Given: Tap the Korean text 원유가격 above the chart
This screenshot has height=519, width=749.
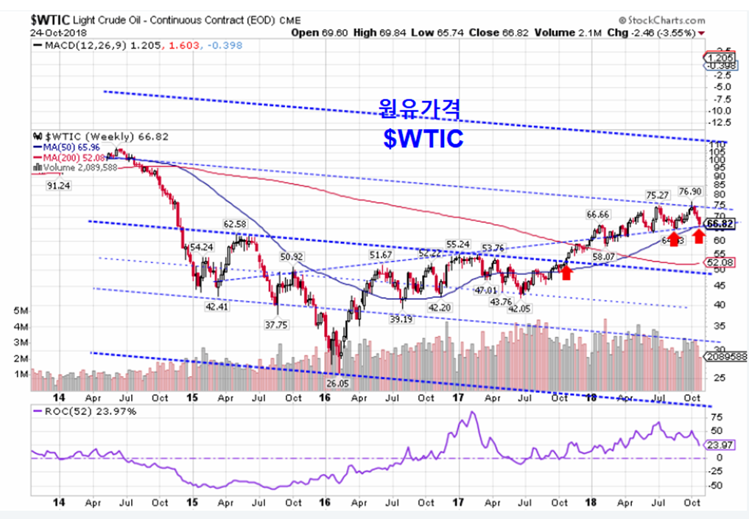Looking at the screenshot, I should tap(420, 110).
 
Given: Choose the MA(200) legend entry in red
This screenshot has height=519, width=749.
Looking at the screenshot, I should tap(68, 157).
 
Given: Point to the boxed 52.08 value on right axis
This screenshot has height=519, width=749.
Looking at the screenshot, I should tap(719, 262).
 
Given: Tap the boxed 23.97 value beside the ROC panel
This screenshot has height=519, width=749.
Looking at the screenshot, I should tap(718, 445).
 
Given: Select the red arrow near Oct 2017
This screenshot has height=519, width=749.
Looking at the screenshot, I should tap(566, 272).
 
